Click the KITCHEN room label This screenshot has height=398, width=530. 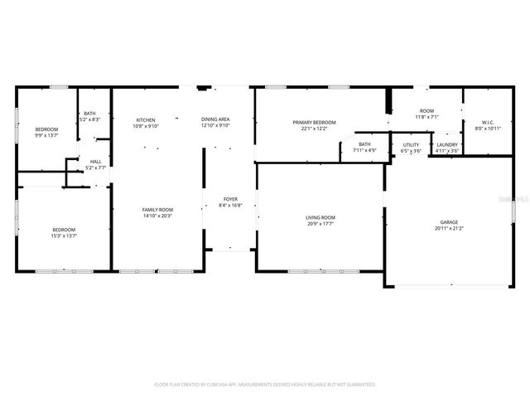(x=146, y=120)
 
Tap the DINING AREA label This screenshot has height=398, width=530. (x=215, y=120)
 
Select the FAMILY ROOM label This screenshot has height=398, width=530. (x=157, y=210)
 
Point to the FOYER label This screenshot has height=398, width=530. (x=231, y=199)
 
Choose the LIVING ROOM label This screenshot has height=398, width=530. (x=320, y=217)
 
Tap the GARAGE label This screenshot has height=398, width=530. (x=449, y=222)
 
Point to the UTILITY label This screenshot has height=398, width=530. (x=412, y=145)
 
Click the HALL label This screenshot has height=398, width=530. (x=96, y=162)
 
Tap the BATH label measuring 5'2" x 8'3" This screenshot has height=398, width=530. (x=89, y=114)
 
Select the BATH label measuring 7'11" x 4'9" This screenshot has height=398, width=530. (x=364, y=145)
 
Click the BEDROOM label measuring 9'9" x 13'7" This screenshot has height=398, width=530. (x=46, y=129)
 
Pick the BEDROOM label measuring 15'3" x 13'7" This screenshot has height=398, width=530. (x=64, y=230)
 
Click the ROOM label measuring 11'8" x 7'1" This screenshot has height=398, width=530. (x=426, y=111)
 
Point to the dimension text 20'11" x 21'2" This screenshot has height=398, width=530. (x=449, y=228)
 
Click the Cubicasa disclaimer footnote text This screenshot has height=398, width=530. (x=265, y=385)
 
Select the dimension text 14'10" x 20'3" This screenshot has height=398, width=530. (x=157, y=216)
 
